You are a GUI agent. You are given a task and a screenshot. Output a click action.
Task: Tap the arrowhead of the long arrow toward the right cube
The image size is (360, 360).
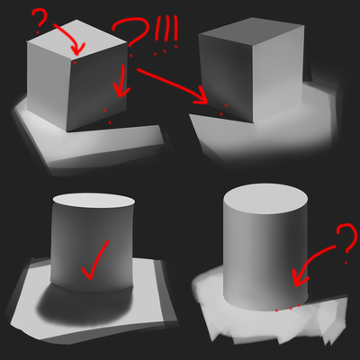click(x=202, y=96)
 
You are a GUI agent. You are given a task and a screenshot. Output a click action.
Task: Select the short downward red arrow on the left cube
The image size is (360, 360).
click(x=122, y=81)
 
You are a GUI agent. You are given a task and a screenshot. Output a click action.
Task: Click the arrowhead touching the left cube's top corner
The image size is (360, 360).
click(x=77, y=49)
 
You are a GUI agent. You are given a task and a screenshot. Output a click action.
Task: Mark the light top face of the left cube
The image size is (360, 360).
click(x=76, y=38)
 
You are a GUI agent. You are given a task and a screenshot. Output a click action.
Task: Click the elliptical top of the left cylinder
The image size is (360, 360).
click(x=94, y=201)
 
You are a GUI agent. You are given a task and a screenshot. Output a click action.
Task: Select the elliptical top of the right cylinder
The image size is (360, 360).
click(x=265, y=200)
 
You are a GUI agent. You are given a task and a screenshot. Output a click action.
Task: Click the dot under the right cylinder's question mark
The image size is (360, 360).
click(x=346, y=263)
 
